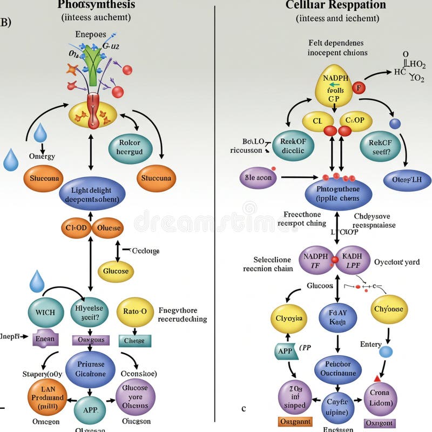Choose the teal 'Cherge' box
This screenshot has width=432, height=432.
click(x=134, y=341)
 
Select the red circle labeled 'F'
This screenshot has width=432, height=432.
click(x=359, y=87)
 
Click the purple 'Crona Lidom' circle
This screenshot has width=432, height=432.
click(x=380, y=399)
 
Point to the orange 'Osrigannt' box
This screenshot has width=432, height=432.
click(x=294, y=421)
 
